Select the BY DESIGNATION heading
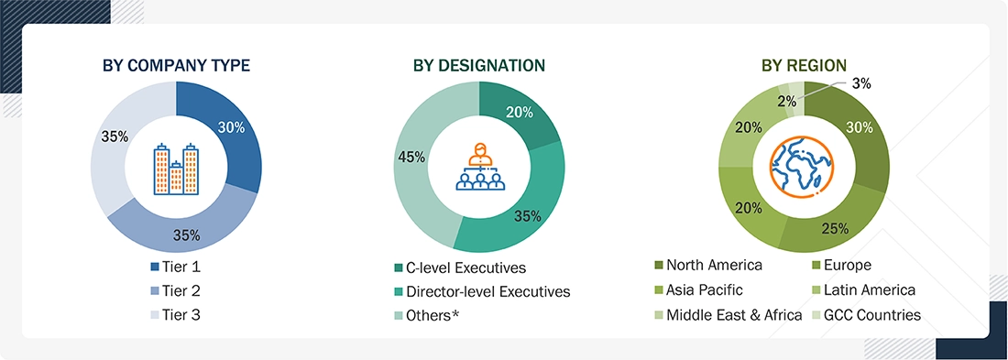pyautogui.click(x=478, y=65)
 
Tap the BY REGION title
pyautogui.click(x=804, y=65)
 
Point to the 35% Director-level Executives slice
pyautogui.click(x=526, y=214)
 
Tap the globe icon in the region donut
pyautogui.click(x=804, y=168)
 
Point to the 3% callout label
pyautogui.click(x=860, y=82)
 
